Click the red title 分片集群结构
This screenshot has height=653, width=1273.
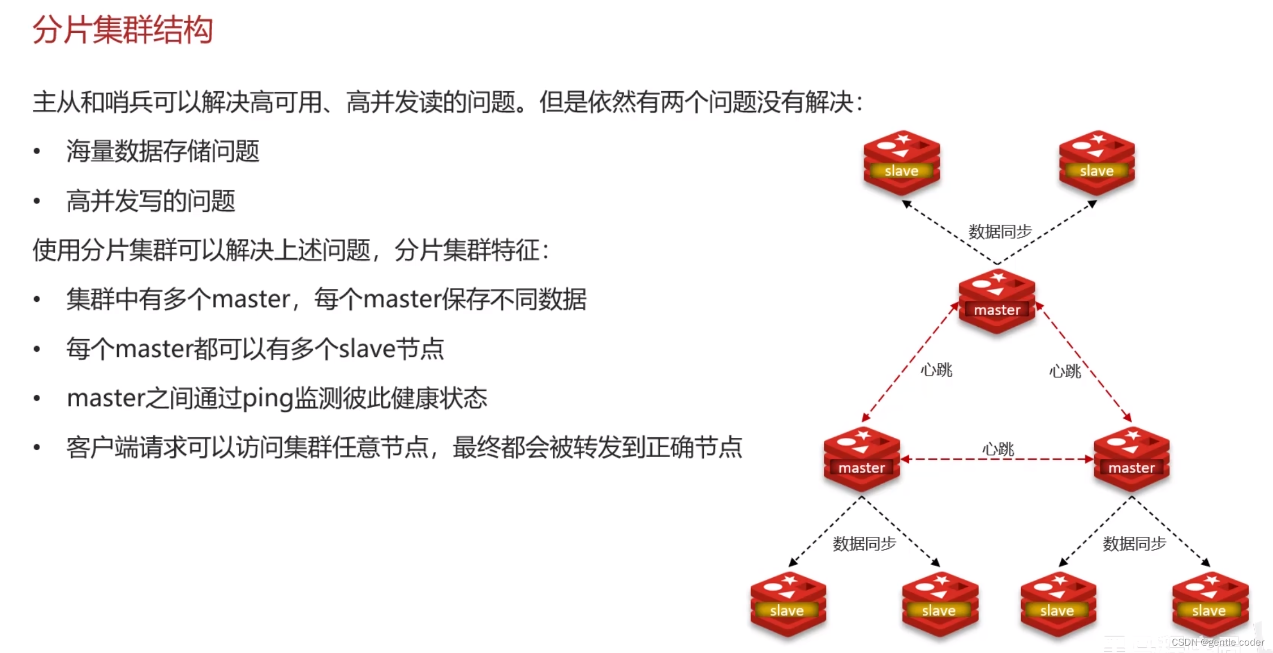click(123, 29)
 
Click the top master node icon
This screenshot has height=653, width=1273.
click(997, 301)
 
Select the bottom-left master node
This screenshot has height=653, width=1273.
click(862, 459)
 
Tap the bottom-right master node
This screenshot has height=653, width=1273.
click(1132, 459)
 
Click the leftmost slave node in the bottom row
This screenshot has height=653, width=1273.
click(788, 603)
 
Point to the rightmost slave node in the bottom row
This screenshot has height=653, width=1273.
click(1210, 603)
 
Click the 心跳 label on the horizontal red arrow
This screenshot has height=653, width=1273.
click(998, 449)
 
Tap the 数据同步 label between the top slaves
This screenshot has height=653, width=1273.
click(1000, 232)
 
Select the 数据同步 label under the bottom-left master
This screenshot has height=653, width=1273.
click(864, 544)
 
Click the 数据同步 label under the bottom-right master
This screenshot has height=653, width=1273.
click(1134, 544)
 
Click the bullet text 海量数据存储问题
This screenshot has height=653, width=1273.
click(163, 151)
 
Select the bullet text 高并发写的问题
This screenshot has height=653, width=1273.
click(150, 201)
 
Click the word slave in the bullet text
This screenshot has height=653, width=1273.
click(367, 349)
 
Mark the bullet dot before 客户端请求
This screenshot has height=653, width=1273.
click(37, 447)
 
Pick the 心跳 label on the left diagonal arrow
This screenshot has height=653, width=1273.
click(936, 370)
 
